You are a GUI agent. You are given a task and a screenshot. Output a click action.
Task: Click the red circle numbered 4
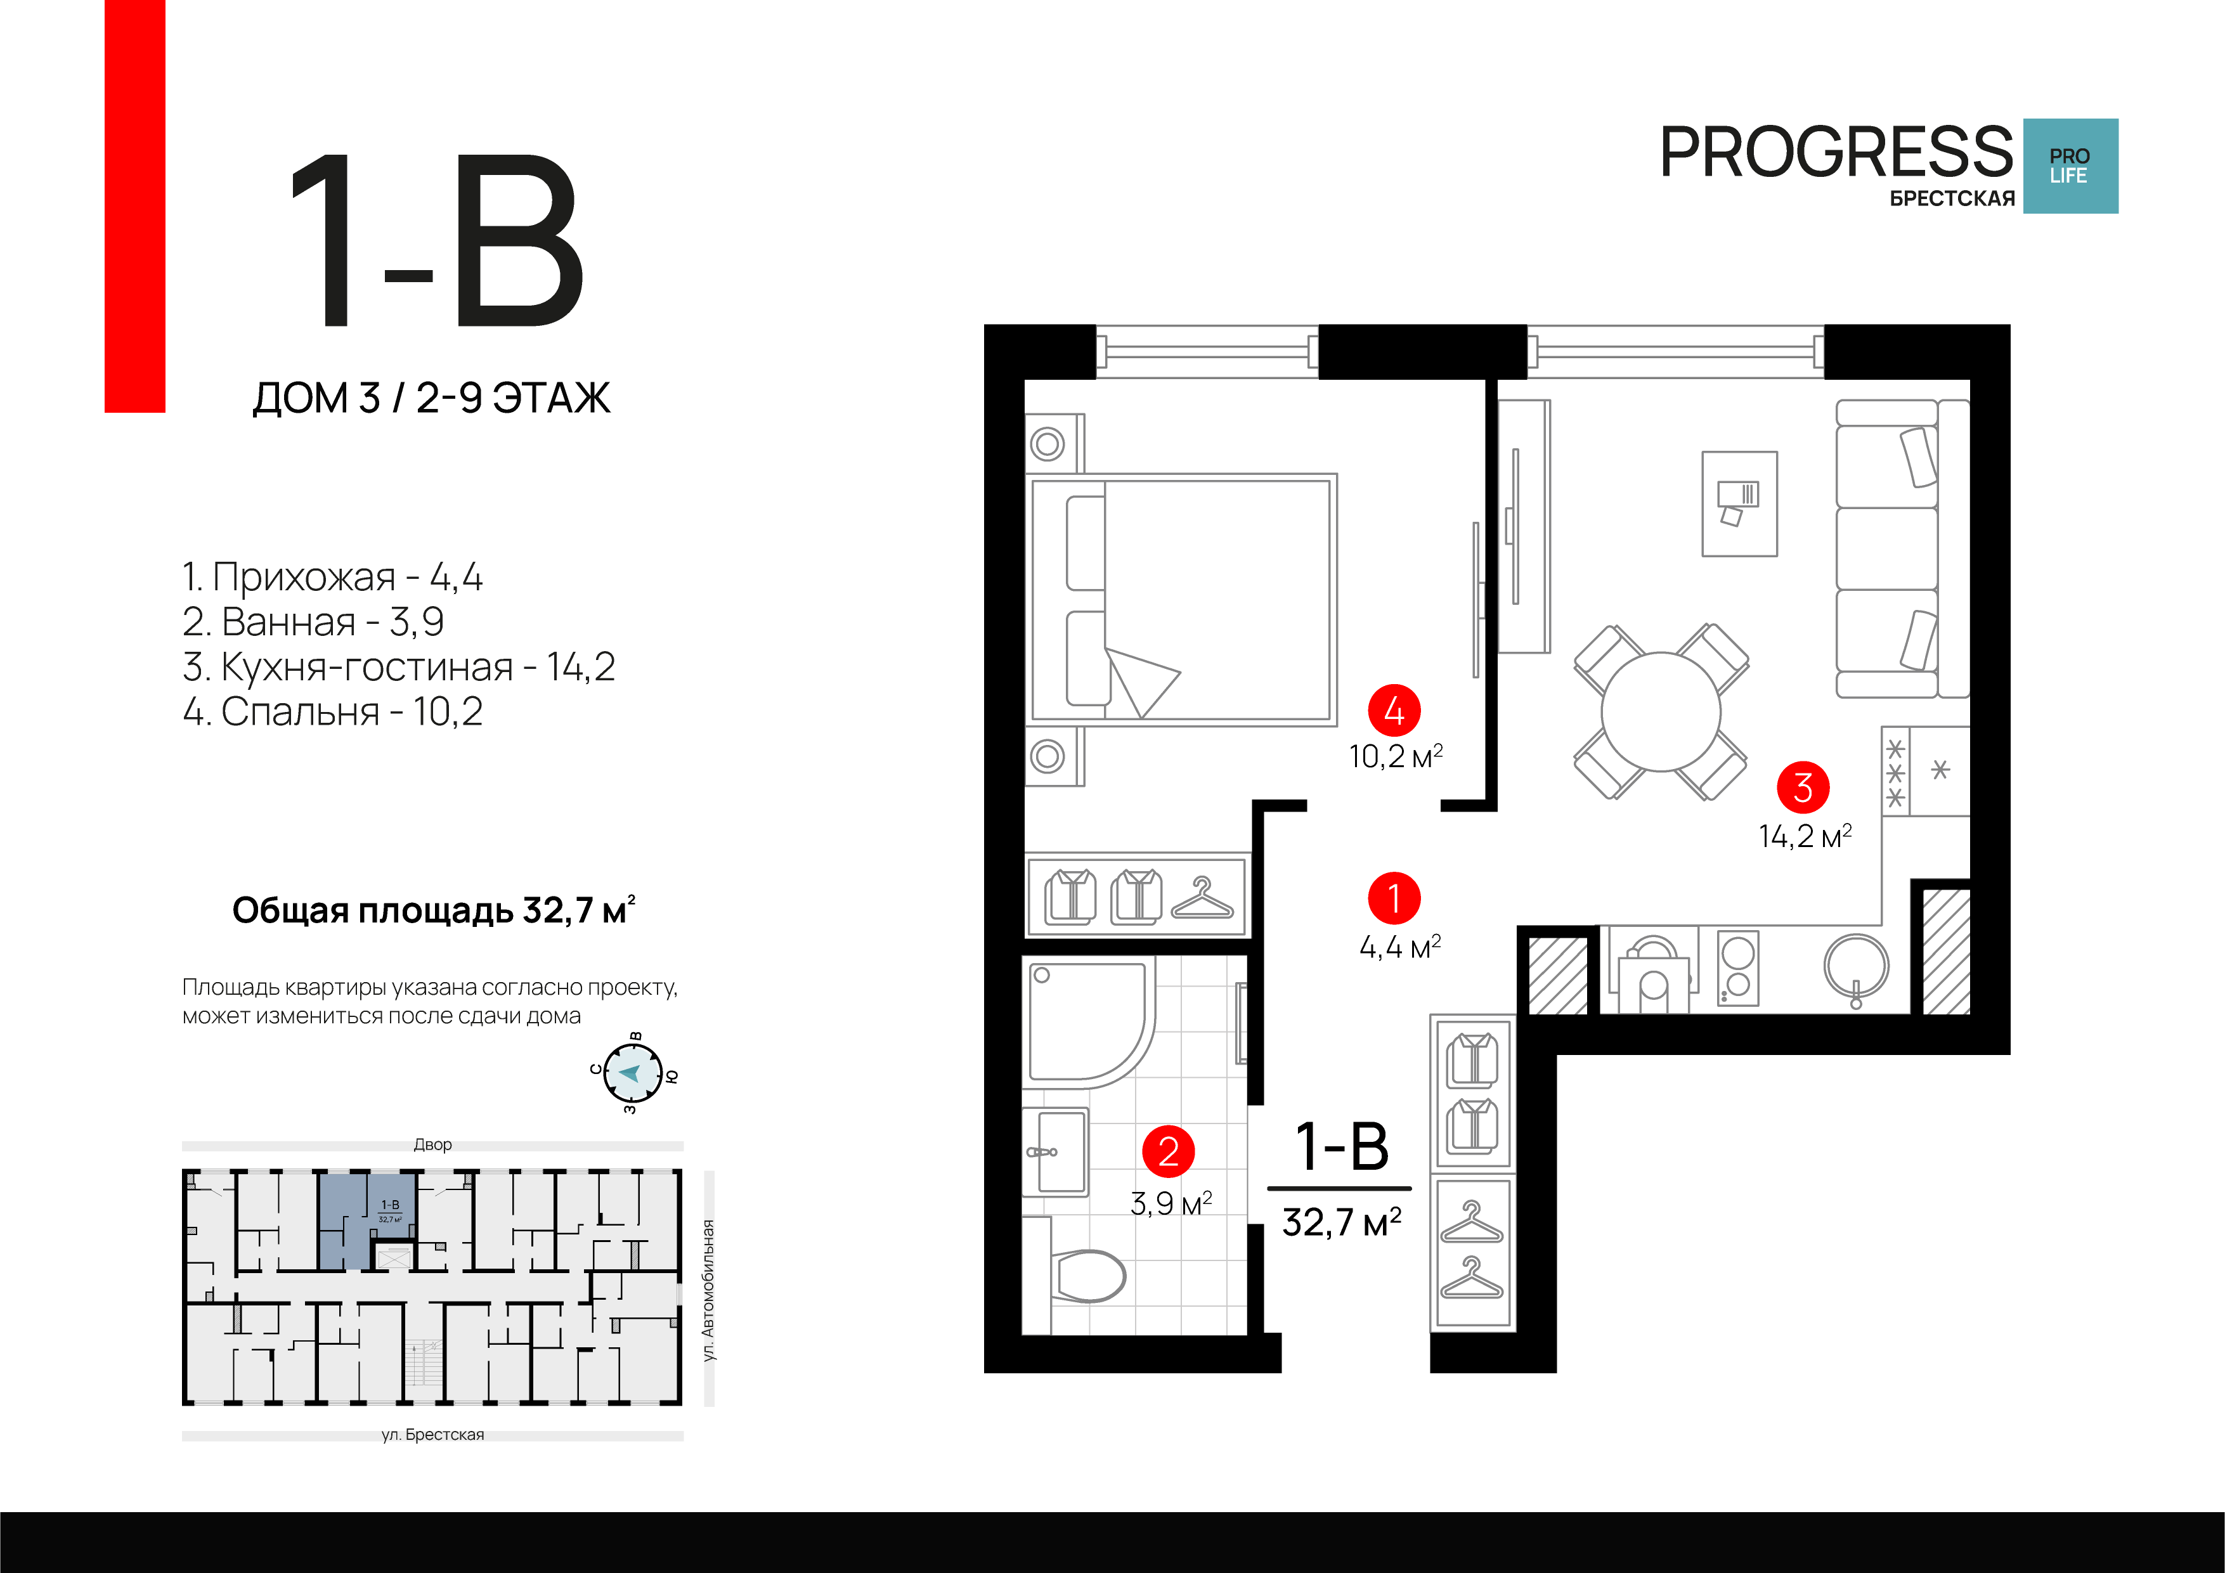point(1394,711)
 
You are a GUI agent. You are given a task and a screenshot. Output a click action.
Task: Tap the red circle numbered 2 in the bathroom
point(1168,1151)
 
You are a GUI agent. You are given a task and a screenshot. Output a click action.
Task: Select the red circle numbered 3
point(1803,788)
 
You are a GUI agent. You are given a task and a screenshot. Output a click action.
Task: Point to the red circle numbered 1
point(1394,898)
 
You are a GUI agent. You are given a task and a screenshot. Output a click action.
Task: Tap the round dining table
point(1661,711)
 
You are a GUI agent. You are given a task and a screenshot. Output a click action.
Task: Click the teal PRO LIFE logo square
point(2070,165)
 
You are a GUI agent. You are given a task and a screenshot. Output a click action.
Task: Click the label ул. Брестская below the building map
point(432,1434)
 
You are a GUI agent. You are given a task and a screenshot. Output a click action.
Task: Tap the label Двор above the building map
point(432,1144)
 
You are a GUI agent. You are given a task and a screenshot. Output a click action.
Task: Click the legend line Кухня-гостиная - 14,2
point(398,667)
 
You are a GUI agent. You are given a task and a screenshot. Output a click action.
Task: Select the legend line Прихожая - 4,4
point(332,577)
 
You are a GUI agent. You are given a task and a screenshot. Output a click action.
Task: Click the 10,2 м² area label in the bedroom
point(1396,756)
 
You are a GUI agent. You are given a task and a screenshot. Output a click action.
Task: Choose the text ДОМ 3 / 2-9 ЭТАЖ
point(431,398)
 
